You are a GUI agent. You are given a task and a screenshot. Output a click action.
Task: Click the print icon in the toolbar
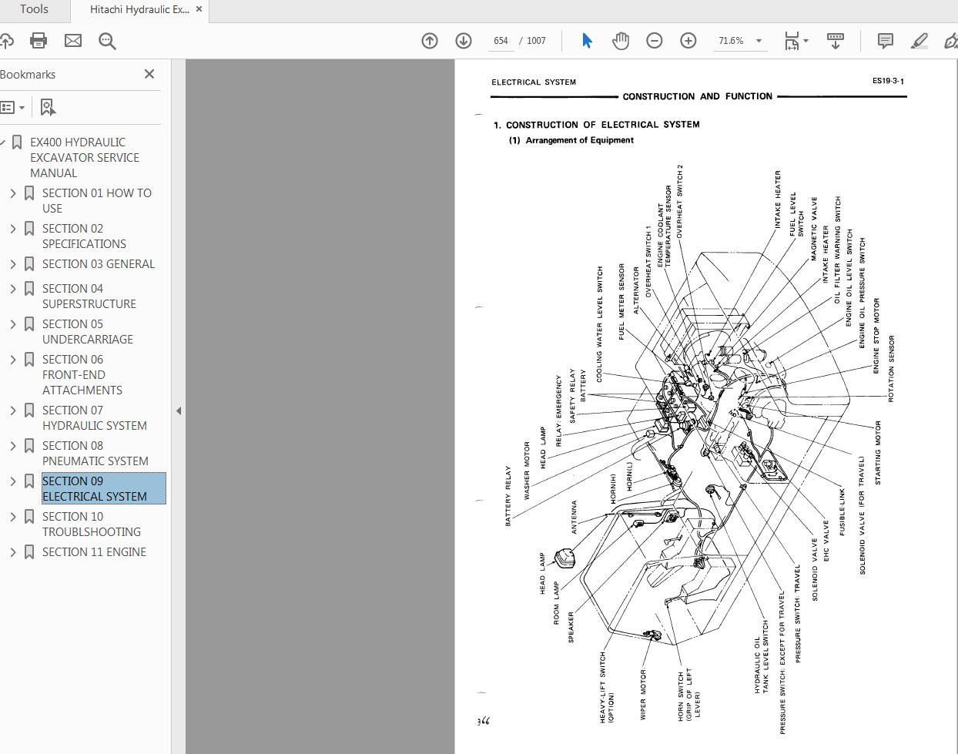coord(39,41)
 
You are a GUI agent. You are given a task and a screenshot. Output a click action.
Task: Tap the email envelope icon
coord(73,41)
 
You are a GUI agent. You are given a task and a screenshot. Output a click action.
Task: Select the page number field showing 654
coord(501,41)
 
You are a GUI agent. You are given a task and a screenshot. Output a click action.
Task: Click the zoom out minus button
coord(654,41)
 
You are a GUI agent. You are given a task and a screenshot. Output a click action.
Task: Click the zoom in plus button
coord(688,41)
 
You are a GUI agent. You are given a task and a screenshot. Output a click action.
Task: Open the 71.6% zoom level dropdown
coord(759,41)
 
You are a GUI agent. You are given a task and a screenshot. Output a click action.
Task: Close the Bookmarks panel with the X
coord(149,74)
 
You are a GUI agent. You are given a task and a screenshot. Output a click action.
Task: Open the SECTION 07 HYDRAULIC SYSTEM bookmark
coord(94,418)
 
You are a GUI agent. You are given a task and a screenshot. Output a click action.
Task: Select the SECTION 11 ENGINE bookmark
coord(94,552)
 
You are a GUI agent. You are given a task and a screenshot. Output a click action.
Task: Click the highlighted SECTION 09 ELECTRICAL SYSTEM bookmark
coord(94,489)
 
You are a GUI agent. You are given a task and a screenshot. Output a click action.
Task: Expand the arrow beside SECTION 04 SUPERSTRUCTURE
coord(13,289)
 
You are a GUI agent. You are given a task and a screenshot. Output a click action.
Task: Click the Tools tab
coord(34,9)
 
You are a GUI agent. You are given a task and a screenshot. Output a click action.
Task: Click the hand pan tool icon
coord(620,41)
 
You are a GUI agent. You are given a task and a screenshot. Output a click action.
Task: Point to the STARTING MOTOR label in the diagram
coord(878,453)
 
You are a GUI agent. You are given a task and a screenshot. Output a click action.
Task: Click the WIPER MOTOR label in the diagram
coord(643,695)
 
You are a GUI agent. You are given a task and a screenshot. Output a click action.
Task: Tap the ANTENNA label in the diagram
coord(574,518)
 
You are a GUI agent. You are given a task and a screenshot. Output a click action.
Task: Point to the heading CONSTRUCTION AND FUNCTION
coord(697,96)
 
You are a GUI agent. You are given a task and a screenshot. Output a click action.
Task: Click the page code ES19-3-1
coord(888,81)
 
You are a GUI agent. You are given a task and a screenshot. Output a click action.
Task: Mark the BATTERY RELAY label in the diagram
coord(508,496)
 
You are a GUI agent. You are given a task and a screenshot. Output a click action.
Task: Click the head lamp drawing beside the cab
coord(564,560)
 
